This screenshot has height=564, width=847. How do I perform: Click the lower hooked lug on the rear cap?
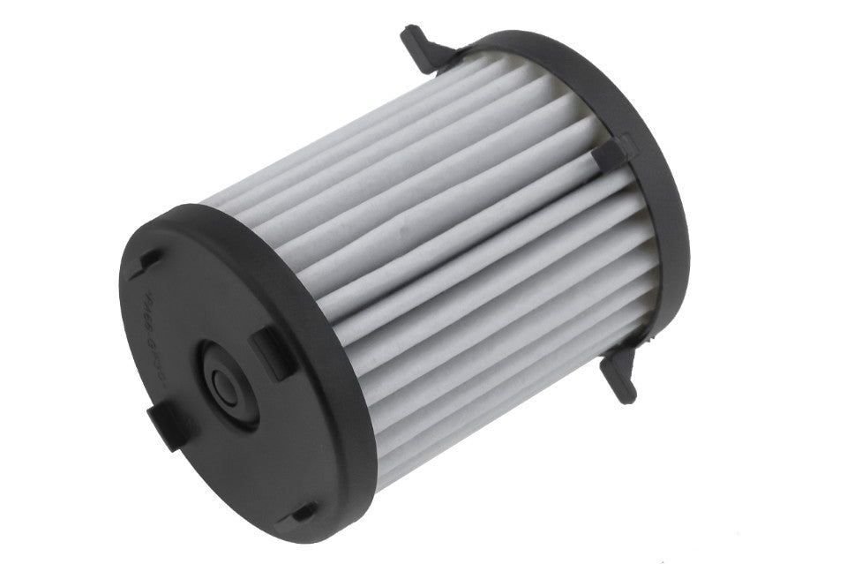coord(618,380)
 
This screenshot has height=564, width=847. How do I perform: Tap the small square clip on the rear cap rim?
coord(612,155)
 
